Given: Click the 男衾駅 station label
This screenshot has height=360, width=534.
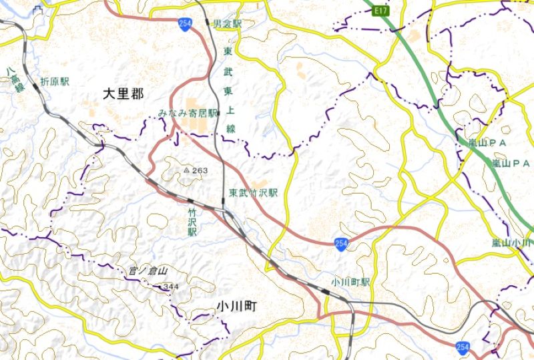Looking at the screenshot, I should coord(227,23).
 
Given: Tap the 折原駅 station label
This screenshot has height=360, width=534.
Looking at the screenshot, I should coord(55,82).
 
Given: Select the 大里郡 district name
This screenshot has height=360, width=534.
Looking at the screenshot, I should coord(123,94).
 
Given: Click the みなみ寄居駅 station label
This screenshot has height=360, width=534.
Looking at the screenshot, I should coord(188,114).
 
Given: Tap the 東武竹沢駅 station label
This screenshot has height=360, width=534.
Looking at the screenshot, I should coord(253,192).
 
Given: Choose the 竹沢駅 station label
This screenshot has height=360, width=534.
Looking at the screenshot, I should coord(192,221).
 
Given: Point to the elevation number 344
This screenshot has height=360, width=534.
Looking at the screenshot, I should coord(171,287).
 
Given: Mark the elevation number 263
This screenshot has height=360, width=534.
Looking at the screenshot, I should coord(200,171).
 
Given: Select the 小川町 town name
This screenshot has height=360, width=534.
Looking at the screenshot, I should coord(236,306).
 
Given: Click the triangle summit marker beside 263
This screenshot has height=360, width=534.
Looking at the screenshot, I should coord(186,171).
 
